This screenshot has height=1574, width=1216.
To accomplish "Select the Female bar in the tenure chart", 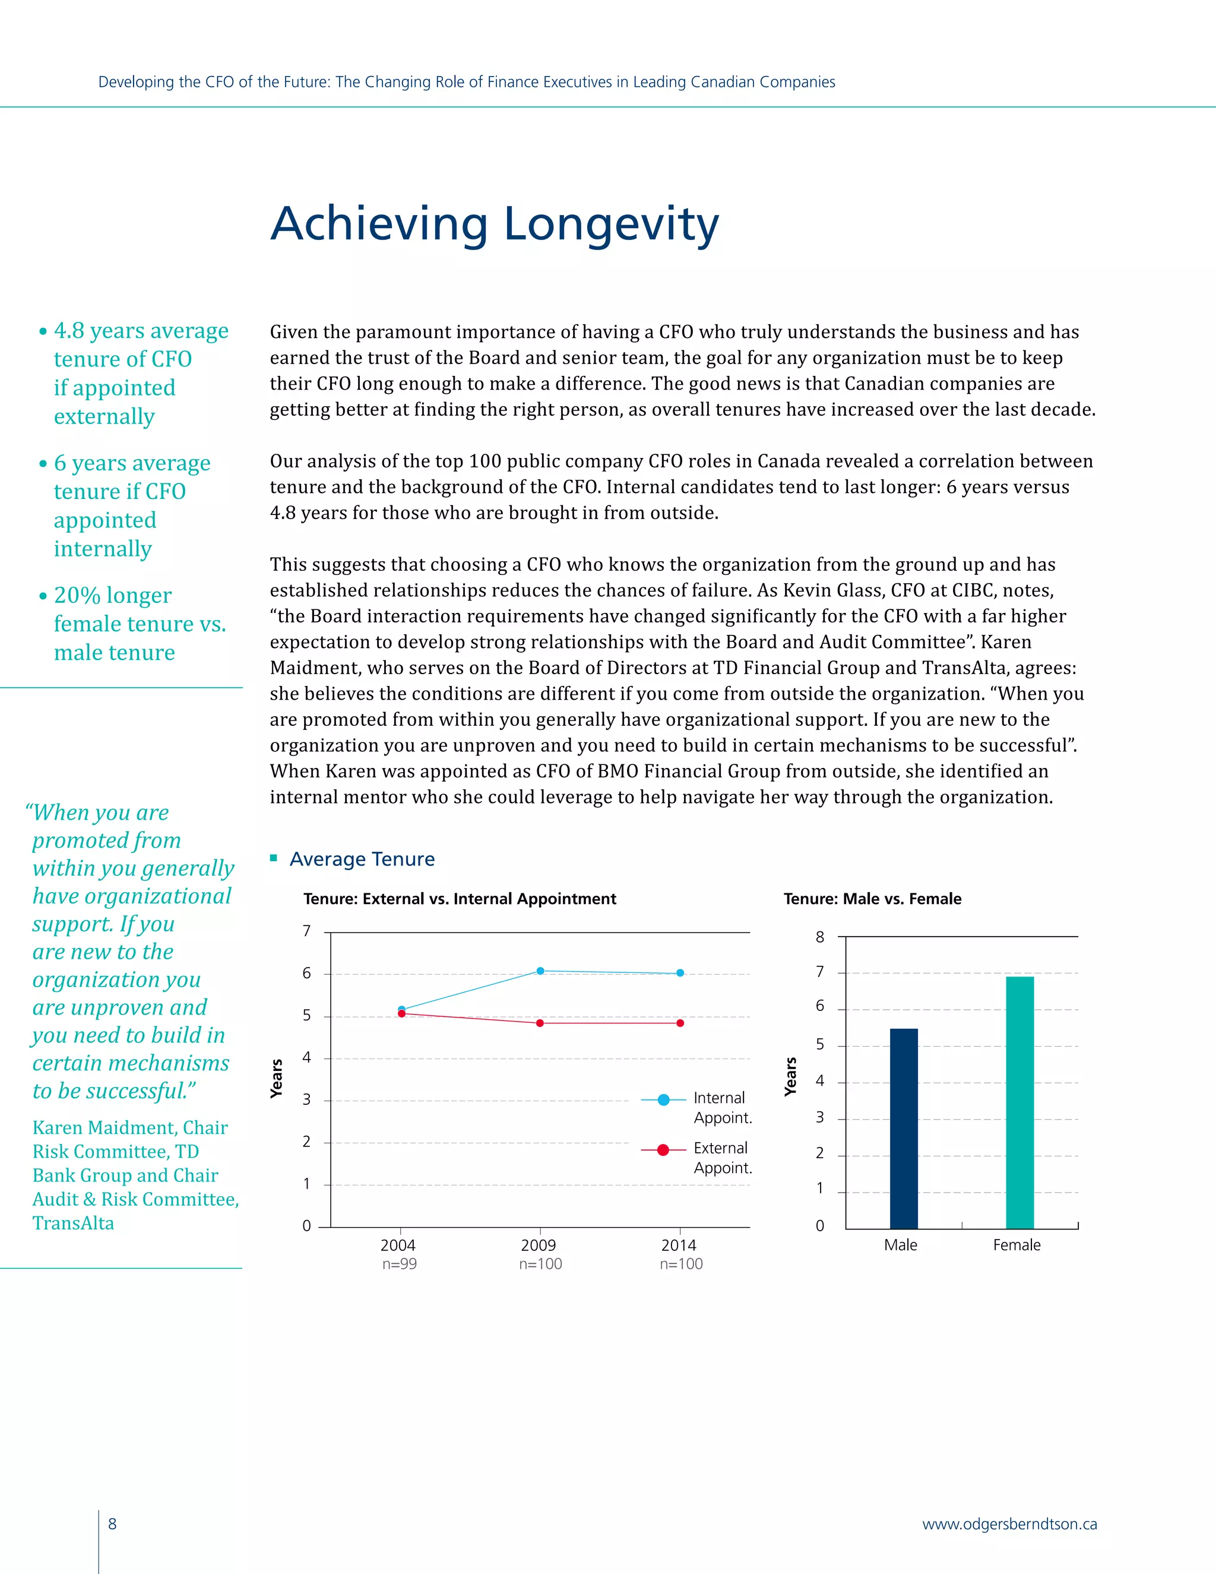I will pyautogui.click(x=1019, y=1102).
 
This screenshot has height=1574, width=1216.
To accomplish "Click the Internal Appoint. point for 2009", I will pyautogui.click(x=540, y=971).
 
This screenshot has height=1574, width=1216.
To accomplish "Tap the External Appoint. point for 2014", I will pyautogui.click(x=680, y=1023).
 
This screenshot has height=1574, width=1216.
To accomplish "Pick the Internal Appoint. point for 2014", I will pyautogui.click(x=680, y=973).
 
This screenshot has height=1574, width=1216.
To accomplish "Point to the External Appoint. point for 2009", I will pyautogui.click(x=540, y=1023).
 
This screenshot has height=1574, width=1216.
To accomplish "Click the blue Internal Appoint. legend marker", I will pyautogui.click(x=663, y=1100).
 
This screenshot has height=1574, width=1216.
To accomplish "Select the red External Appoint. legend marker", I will pyautogui.click(x=663, y=1149).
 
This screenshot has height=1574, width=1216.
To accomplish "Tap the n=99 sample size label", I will pyautogui.click(x=399, y=1263).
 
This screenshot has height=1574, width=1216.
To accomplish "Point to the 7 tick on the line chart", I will pyautogui.click(x=306, y=931).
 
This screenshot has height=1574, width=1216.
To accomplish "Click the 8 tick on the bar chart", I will pyautogui.click(x=820, y=937).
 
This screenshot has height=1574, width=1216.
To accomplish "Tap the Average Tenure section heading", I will pyautogui.click(x=362, y=858).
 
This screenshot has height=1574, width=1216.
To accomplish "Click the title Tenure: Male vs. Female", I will pyautogui.click(x=872, y=899).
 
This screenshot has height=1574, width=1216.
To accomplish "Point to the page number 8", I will pyautogui.click(x=112, y=1524).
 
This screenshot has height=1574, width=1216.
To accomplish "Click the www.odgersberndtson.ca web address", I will pyautogui.click(x=1009, y=1524).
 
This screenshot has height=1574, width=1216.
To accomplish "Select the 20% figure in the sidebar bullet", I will pyautogui.click(x=77, y=595).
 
